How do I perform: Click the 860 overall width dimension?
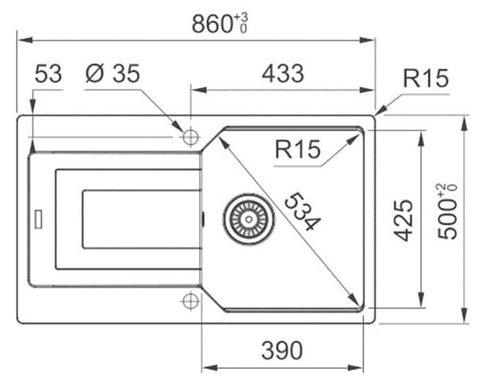point(220,23)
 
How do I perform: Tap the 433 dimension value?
point(283,74)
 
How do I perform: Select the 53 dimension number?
point(48,74)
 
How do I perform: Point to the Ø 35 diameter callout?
point(112,74)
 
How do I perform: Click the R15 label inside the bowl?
point(297,150)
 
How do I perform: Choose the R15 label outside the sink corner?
point(426,78)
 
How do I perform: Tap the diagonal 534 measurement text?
point(302,211)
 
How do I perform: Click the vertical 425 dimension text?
point(403,220)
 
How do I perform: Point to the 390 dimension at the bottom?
point(282,350)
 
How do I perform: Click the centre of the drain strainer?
point(248,219)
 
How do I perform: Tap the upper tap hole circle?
point(191,137)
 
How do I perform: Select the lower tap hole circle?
point(191,301)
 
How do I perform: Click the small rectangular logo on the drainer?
point(38,219)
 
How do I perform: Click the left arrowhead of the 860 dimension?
point(25,40)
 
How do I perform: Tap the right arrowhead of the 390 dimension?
point(356,368)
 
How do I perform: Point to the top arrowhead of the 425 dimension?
point(420,138)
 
